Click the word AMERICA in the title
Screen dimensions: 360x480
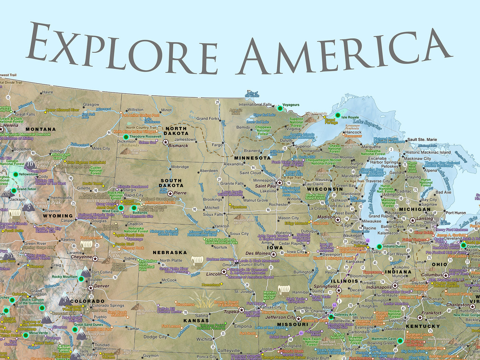(343, 51)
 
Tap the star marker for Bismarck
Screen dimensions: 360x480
(166, 142)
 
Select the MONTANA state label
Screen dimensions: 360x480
(40, 129)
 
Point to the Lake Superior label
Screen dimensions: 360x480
(367, 124)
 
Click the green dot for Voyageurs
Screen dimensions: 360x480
(280, 109)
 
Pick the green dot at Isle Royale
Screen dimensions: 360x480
(338, 116)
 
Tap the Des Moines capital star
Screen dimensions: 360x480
(274, 254)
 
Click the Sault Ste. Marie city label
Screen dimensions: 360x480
(422, 140)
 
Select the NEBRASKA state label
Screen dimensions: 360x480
(170, 252)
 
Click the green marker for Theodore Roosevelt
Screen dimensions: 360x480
(126, 137)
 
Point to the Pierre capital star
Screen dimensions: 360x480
(170, 194)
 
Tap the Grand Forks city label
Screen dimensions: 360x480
(208, 119)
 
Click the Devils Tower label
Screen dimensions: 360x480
(92, 184)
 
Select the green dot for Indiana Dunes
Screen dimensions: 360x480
(379, 247)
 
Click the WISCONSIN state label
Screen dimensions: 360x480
(325, 189)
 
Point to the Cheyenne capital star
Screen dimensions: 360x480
(95, 259)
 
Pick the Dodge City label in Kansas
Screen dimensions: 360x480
(155, 337)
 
